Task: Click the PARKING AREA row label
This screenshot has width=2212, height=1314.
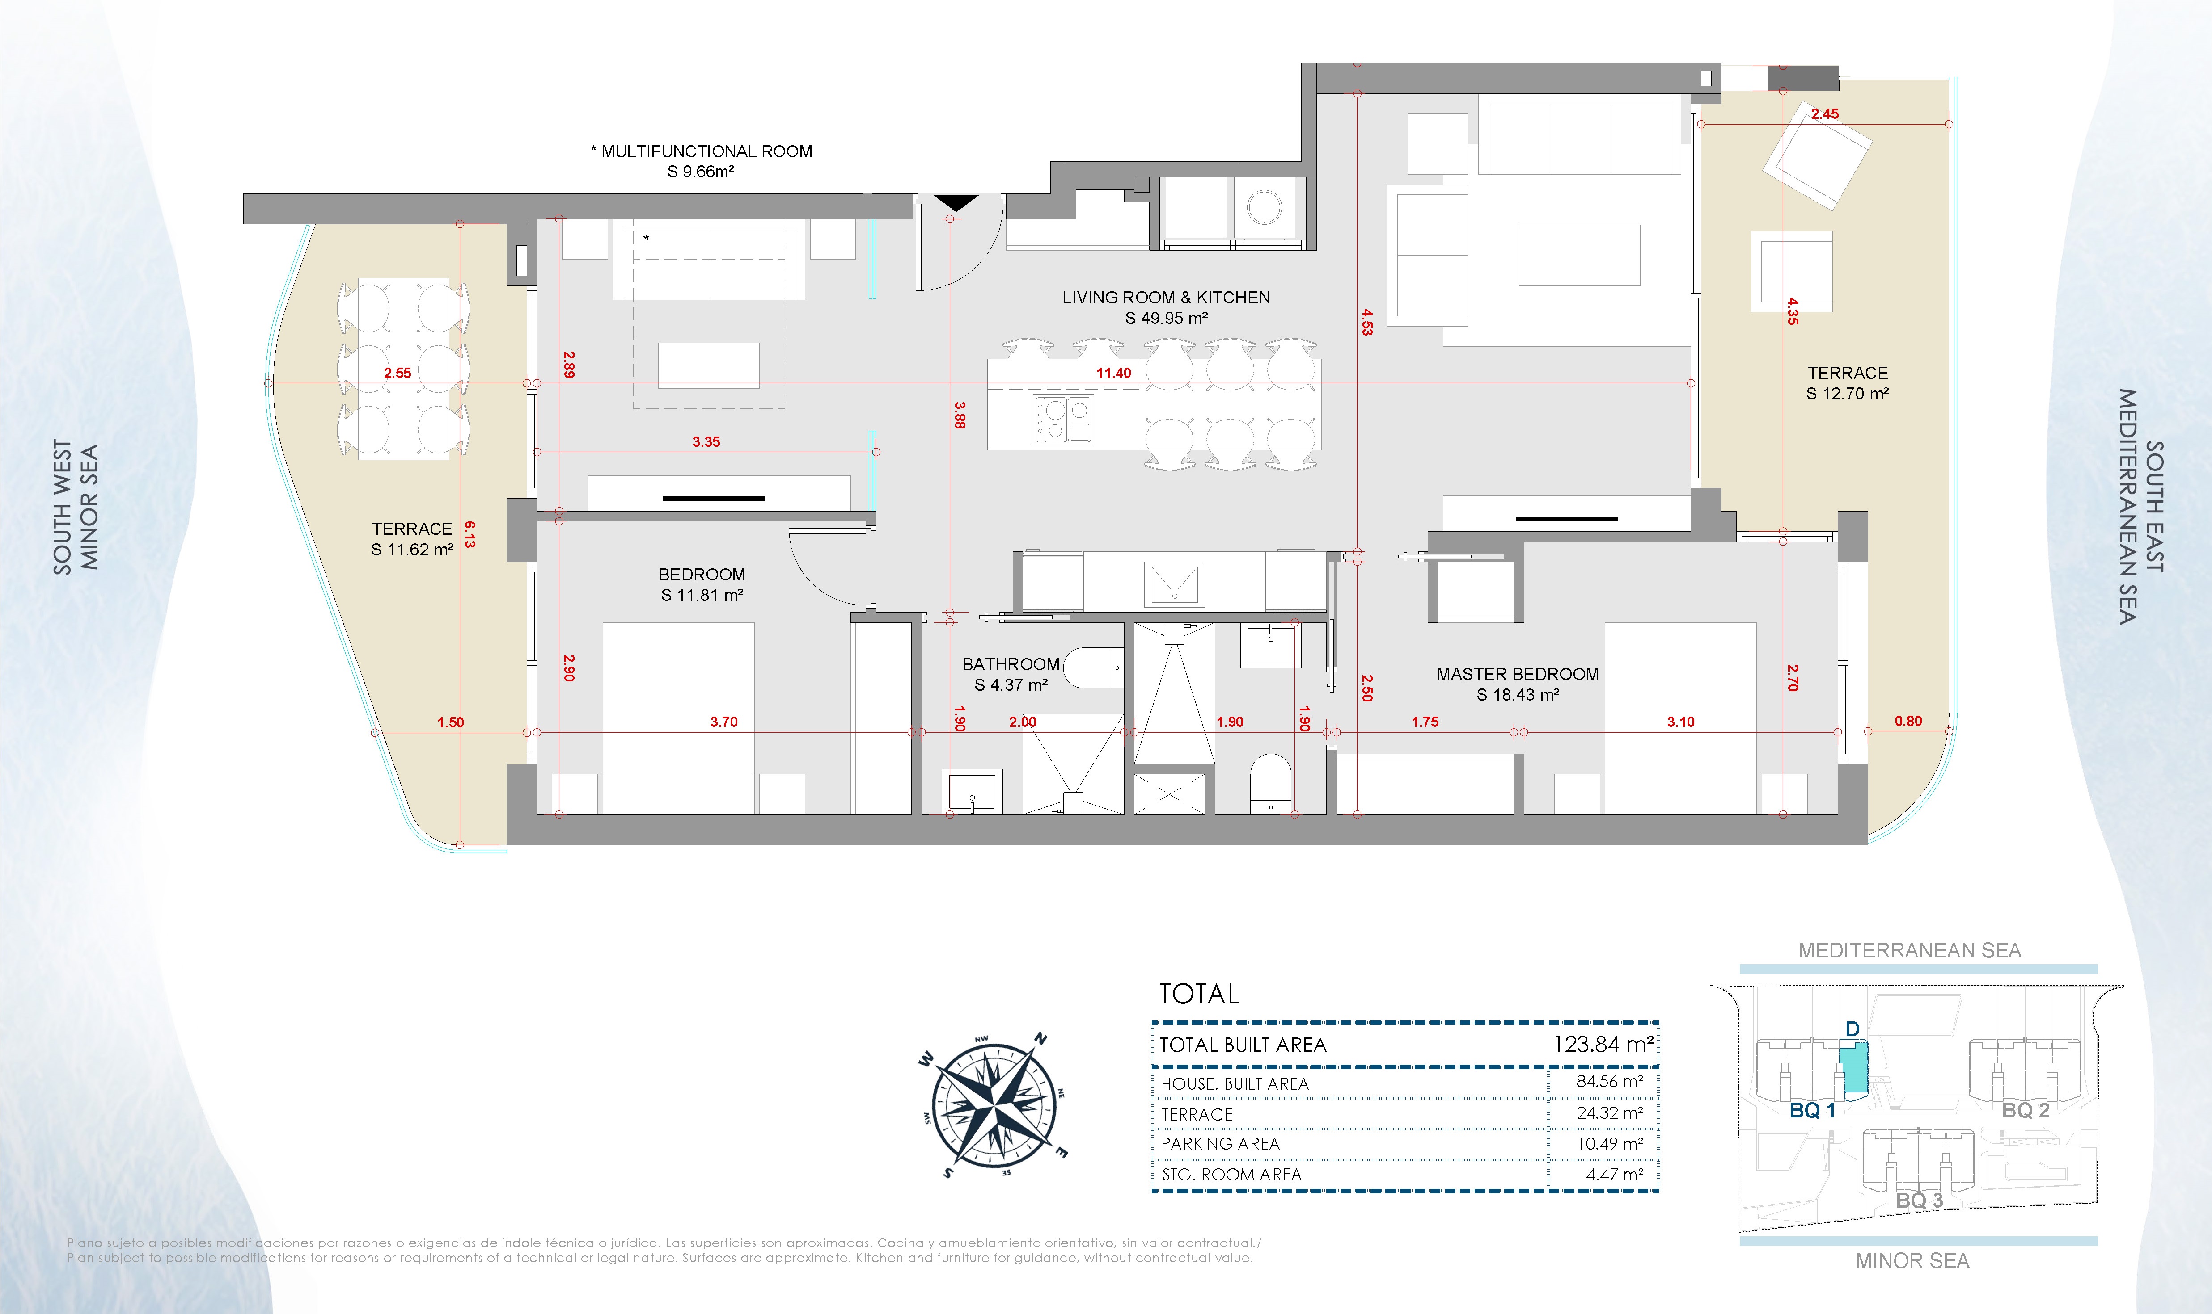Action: pyautogui.click(x=1220, y=1144)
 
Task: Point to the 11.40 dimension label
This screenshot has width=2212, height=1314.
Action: pyautogui.click(x=1113, y=373)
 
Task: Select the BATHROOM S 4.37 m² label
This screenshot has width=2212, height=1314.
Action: pyautogui.click(x=1011, y=674)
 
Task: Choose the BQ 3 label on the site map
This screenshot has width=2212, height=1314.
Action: pyautogui.click(x=1919, y=1201)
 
